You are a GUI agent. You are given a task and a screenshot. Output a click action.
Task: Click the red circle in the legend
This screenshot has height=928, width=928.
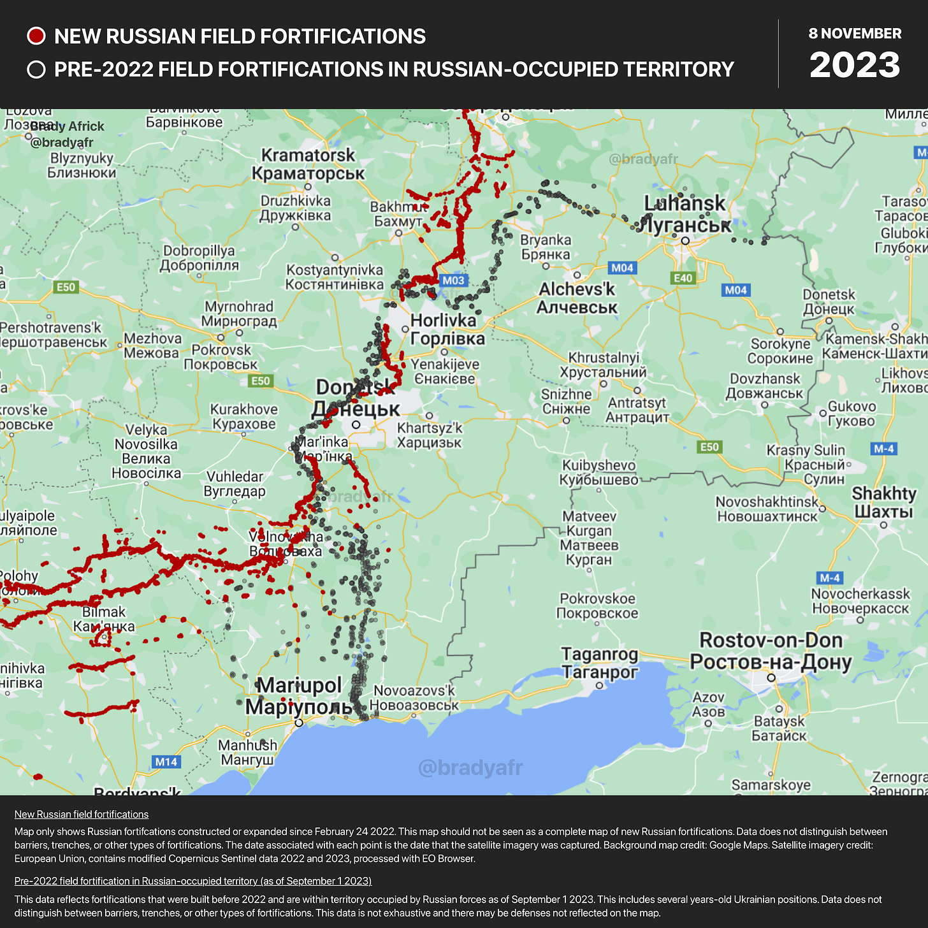tap(36, 36)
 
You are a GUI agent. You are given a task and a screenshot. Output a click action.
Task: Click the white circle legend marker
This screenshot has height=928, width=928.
tap(36, 69)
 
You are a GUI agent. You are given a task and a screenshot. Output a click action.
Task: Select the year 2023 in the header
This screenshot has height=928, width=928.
tap(855, 65)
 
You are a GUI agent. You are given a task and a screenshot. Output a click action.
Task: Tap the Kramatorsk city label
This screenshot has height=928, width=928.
tap(308, 164)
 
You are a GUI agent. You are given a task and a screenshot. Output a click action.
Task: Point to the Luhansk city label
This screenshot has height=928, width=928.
tap(685, 213)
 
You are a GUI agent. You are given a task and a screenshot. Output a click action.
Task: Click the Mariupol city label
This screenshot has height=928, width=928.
tap(299, 696)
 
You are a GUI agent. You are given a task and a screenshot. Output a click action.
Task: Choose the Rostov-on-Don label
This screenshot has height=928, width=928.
tap(771, 651)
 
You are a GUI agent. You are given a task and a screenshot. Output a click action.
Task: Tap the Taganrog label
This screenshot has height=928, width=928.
tap(599, 663)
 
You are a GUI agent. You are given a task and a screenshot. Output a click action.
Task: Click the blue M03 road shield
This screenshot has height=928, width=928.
tap(453, 280)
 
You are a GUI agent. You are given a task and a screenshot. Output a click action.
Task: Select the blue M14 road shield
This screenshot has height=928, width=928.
tap(166, 762)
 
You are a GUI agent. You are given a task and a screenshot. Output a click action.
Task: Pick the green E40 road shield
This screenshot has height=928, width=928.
tap(683, 278)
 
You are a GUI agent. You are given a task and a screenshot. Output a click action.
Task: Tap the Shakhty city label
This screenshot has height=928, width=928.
tap(884, 502)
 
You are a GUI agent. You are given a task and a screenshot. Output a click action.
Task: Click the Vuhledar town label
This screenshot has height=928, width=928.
tap(235, 484)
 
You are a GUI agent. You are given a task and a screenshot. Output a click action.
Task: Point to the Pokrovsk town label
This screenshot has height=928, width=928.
tap(221, 357)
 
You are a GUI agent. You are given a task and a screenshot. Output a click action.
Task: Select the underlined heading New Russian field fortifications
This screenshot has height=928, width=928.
tap(82, 814)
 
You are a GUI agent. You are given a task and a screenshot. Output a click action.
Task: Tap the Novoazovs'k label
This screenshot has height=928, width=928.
tap(414, 698)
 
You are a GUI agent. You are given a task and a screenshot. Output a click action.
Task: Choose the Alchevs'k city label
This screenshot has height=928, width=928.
tap(577, 298)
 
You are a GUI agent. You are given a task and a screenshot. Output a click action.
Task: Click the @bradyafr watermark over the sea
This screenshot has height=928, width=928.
tap(470, 768)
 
